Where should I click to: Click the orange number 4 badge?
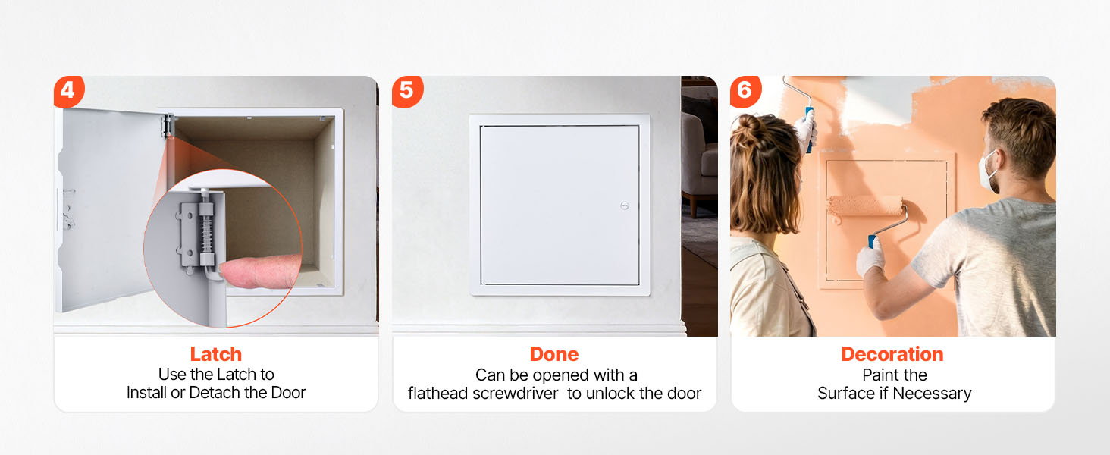(69, 91)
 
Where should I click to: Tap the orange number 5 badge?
(407, 91)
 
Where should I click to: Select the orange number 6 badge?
(745, 91)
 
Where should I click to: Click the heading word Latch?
(216, 354)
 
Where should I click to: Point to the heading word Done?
(554, 354)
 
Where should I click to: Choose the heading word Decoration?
(892, 354)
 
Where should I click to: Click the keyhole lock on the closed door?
(625, 206)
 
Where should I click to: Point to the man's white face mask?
(987, 174)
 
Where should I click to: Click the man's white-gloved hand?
(870, 256)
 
